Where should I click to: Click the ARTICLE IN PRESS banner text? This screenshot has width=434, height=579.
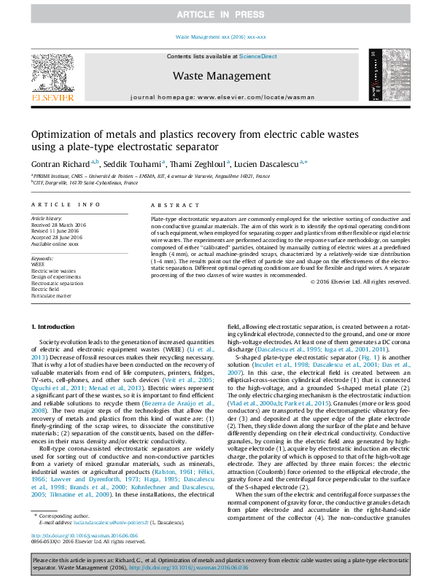[x=217, y=15]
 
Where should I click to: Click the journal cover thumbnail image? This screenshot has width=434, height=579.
[x=384, y=77]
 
